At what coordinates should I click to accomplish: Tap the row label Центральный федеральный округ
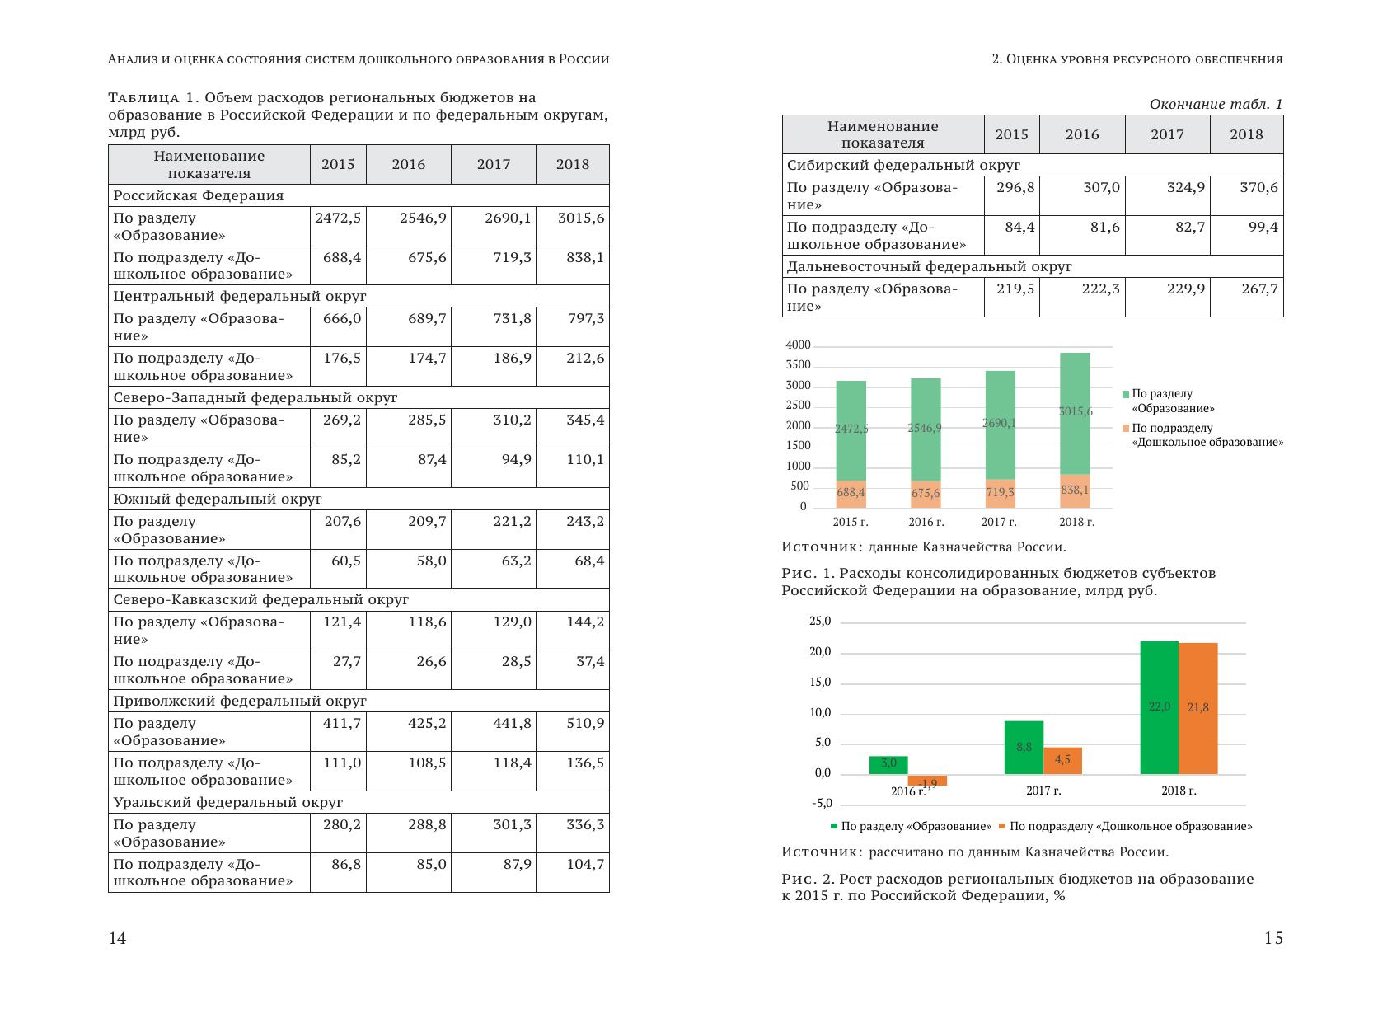click(240, 296)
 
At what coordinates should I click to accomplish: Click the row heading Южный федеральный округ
click(218, 499)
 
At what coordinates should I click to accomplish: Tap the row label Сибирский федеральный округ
click(903, 165)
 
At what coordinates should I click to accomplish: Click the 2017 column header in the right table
click(1167, 135)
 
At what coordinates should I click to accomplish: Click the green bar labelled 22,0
click(1159, 707)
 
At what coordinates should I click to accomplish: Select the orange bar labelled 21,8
click(1197, 708)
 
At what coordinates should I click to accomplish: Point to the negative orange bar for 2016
click(927, 780)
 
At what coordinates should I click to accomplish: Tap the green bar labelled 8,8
click(1024, 747)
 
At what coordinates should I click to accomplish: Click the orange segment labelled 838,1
click(1075, 490)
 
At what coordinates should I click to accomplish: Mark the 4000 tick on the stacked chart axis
click(799, 345)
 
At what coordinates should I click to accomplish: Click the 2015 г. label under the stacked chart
click(851, 522)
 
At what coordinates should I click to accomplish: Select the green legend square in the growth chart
click(834, 826)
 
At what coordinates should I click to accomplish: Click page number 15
click(1273, 938)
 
